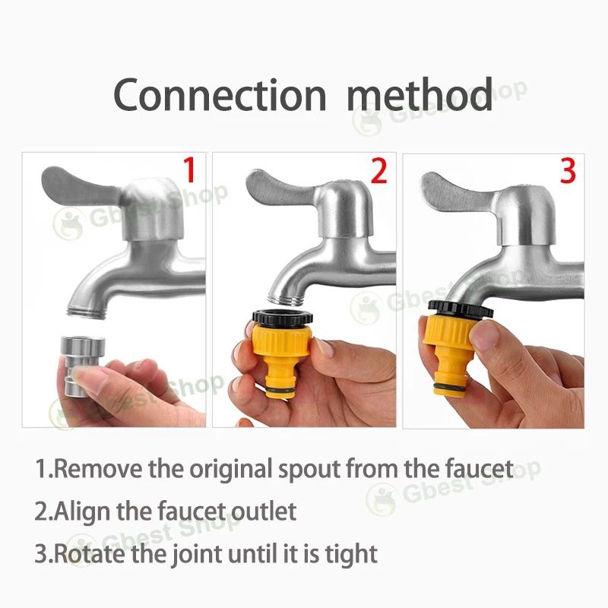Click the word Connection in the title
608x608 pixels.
point(220,94)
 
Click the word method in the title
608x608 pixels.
point(420,93)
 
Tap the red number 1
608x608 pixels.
point(189,169)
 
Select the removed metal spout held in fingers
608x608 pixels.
point(82,366)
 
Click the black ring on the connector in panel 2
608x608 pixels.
point(282,317)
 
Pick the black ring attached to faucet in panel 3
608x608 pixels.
point(461,309)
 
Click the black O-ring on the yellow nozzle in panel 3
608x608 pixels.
point(450,388)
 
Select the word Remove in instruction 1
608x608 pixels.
point(98,468)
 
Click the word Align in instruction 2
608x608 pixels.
point(82,512)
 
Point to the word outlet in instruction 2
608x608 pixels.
point(264,511)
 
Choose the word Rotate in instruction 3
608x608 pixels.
point(89,554)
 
